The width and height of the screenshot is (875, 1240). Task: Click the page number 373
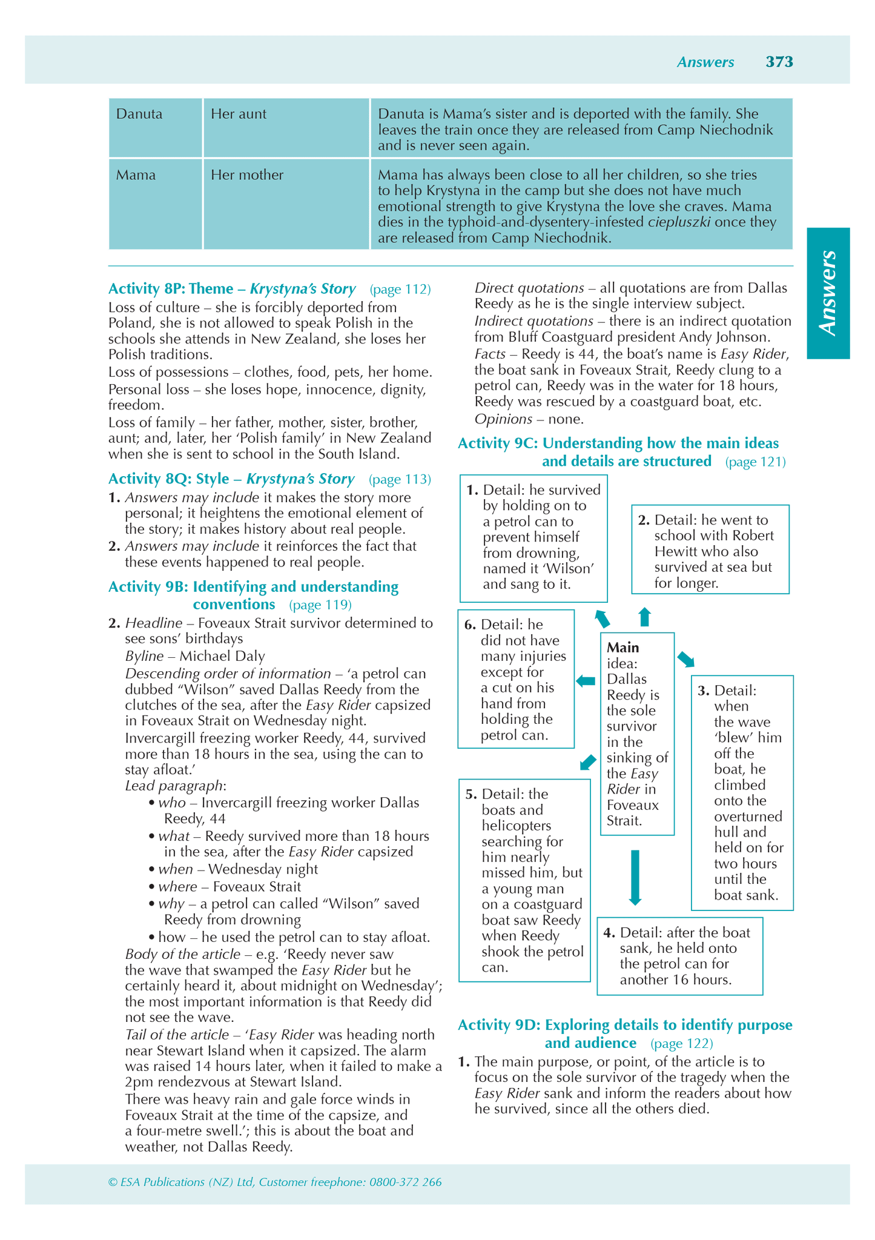coord(779,62)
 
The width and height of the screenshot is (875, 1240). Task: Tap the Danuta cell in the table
coord(139,114)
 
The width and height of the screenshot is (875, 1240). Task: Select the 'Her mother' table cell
coord(247,176)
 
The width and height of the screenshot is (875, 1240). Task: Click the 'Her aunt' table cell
coord(239,114)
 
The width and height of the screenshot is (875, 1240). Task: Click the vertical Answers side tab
coord(828,293)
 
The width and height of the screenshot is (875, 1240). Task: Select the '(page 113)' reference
coord(400,480)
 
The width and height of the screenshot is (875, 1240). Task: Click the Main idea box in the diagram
coord(637,734)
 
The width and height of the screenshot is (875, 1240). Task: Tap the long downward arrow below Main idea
coord(635,877)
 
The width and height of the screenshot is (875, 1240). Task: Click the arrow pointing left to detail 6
coord(586,681)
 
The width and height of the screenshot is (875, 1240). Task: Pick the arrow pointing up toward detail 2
coord(645,617)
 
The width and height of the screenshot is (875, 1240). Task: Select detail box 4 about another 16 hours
coord(679,956)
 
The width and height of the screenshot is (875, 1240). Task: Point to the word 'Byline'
coord(144,656)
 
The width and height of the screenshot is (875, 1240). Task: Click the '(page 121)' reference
coord(755,462)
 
